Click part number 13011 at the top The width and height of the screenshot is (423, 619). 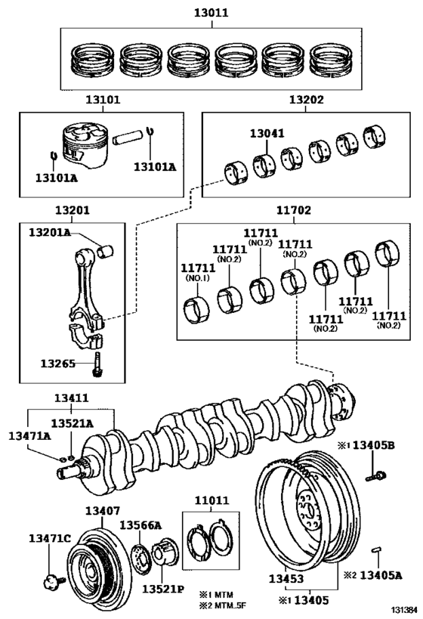coord(211,14)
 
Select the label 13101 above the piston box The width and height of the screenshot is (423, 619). coord(101,100)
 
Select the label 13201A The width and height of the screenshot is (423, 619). coord(50,232)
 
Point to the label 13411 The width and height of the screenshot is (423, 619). coord(71,398)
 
